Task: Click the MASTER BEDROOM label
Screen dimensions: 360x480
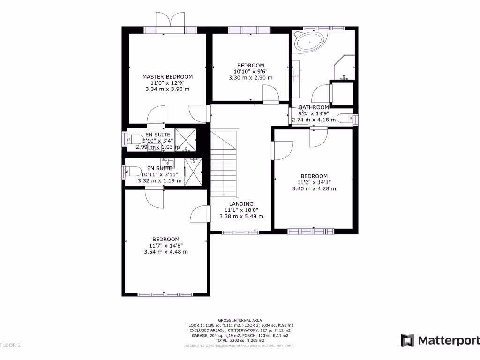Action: click(167, 77)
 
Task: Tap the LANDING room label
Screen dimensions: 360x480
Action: click(241, 204)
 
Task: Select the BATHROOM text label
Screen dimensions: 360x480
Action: click(314, 107)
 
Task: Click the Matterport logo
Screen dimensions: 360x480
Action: click(440, 340)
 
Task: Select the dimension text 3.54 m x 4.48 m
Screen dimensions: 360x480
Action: click(166, 252)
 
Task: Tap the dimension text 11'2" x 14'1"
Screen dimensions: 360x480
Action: click(314, 182)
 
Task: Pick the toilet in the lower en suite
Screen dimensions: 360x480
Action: click(132, 172)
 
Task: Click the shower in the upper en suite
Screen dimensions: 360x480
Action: click(185, 139)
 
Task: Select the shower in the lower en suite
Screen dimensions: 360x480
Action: click(193, 172)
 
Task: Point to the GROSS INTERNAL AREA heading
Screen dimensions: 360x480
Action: click(240, 320)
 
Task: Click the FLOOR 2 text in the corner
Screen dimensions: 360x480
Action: click(10, 345)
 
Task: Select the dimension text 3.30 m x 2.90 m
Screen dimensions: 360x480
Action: click(250, 78)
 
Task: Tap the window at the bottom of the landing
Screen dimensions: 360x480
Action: click(240, 232)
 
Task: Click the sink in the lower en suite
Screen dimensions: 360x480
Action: click(170, 164)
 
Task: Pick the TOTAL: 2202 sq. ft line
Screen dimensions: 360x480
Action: click(240, 340)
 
